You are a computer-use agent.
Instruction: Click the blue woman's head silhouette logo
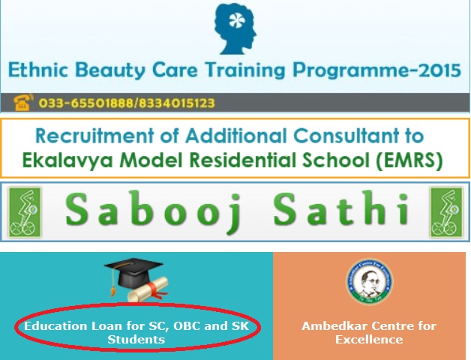pos(235,28)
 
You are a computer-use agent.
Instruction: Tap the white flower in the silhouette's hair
pos(237,20)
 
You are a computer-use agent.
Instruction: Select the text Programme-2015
pos(377,70)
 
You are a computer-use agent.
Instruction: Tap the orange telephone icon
pos(23,102)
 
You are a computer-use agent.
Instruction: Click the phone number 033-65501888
pos(86,103)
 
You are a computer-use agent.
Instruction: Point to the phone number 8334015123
pos(176,103)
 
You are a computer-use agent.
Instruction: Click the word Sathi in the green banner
pos(341,208)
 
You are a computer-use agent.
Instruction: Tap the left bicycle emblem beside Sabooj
pos(25,212)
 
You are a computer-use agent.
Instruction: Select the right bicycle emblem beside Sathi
pos(446,212)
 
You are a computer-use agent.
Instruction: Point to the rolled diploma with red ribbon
pos(148,289)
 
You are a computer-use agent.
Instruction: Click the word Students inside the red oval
pos(136,340)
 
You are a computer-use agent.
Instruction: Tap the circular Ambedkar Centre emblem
pos(369,281)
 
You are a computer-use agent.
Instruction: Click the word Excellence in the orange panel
pos(369,340)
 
